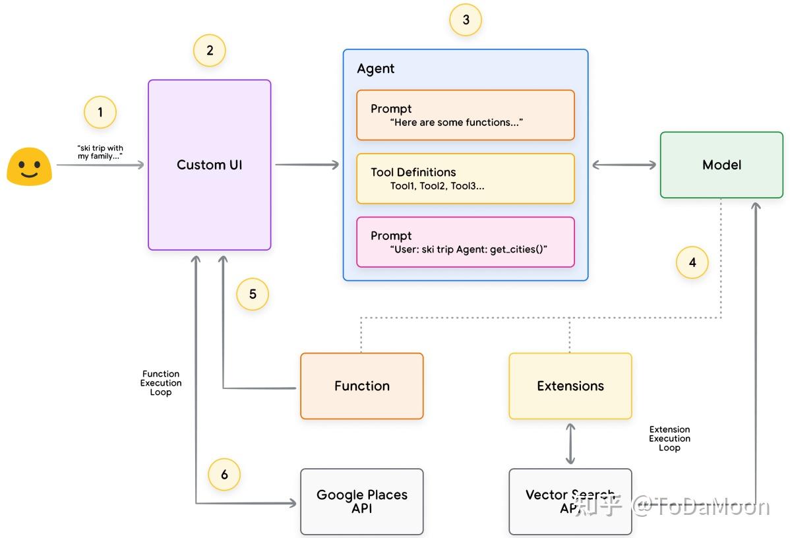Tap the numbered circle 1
[100, 113]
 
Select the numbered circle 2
[210, 50]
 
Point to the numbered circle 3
[466, 20]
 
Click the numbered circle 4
[692, 262]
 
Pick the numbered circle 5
[253, 294]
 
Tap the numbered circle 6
[224, 475]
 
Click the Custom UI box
[210, 165]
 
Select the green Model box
[721, 165]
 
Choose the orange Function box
[361, 386]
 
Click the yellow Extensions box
[570, 386]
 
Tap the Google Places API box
[361, 501]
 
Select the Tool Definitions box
[466, 179]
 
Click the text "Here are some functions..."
[456, 123]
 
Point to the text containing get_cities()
[469, 249]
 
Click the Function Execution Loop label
[161, 383]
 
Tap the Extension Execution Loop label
[669, 438]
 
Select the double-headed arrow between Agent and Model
[624, 165]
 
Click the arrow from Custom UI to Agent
[307, 165]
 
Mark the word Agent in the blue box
[376, 69]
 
